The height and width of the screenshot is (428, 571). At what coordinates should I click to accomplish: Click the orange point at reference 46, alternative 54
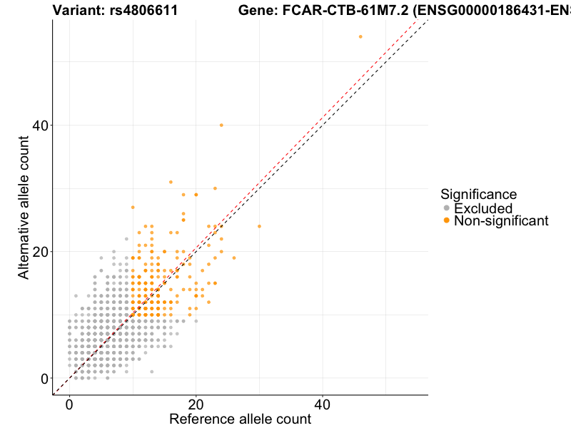[x=360, y=36]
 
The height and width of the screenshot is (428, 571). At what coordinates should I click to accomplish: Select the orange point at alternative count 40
[x=221, y=125]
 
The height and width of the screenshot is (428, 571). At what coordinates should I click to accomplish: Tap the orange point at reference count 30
[x=259, y=226]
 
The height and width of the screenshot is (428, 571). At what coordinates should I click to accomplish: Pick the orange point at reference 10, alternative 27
[x=133, y=207]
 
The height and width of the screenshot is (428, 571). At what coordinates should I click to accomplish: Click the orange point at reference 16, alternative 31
[x=171, y=182]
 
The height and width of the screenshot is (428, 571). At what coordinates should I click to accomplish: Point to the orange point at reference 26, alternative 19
[x=234, y=258]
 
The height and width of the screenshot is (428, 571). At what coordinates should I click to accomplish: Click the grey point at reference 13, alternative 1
[x=151, y=372]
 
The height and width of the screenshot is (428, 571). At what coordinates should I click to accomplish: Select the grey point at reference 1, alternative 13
[x=76, y=295]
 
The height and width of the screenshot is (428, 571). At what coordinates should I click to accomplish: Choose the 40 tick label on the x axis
[x=322, y=404]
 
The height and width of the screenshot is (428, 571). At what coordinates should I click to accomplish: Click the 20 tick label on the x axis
[x=196, y=404]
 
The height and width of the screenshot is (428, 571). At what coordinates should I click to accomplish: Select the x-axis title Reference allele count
[x=240, y=419]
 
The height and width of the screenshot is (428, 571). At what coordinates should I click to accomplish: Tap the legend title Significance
[x=478, y=194]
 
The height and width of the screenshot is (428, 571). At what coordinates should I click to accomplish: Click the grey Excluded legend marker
[x=447, y=208]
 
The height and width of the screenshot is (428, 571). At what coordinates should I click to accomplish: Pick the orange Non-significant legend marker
[x=447, y=220]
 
